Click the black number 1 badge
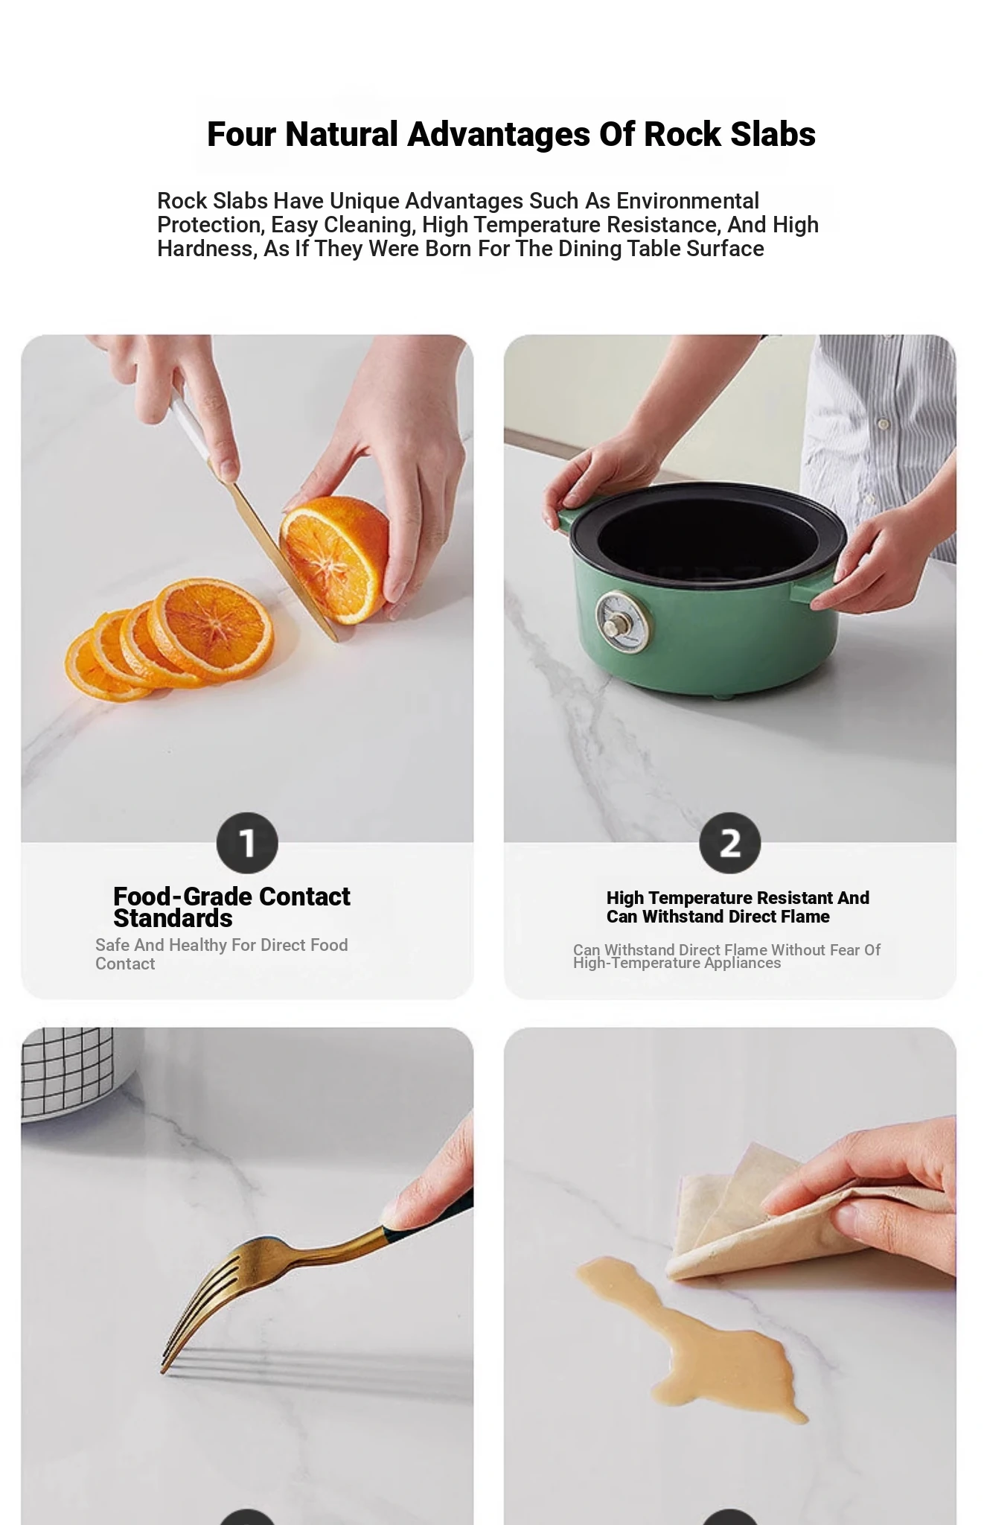[x=247, y=843]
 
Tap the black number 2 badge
[x=729, y=843]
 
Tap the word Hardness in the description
[x=206, y=249]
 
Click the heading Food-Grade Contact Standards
[x=231, y=907]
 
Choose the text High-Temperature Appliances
[x=677, y=963]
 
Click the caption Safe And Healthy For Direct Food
[x=221, y=945]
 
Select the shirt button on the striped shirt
[x=884, y=424]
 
